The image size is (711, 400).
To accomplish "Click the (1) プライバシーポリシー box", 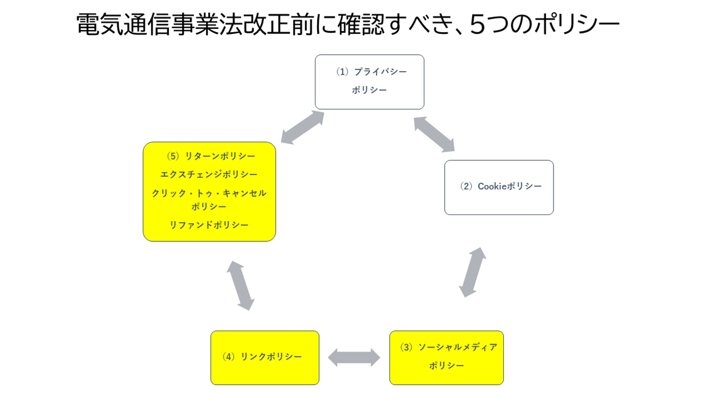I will (369, 82).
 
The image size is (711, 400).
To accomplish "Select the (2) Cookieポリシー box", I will (499, 187).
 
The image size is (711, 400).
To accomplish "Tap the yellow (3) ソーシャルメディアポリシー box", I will (446, 357).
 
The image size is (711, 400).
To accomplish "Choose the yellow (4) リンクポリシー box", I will (265, 357).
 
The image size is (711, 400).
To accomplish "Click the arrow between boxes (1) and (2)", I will (434, 134).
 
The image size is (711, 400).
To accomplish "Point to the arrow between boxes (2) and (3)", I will (473, 272).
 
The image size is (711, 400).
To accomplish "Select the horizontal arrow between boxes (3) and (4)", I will (354, 357).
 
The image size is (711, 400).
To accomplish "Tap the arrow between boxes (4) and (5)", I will (241, 285).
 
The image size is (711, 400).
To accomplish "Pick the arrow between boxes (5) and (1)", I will (302, 127).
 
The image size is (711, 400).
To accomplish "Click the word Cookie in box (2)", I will (492, 187).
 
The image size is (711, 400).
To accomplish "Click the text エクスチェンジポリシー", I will (209, 175).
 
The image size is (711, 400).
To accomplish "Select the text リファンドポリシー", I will (209, 225).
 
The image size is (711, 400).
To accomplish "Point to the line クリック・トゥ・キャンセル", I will (209, 193).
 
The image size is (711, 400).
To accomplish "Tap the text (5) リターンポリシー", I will (211, 156).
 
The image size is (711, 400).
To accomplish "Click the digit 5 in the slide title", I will (477, 25).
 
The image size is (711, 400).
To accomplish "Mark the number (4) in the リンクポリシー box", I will (228, 357).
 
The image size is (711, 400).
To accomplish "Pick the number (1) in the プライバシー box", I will (342, 72).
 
